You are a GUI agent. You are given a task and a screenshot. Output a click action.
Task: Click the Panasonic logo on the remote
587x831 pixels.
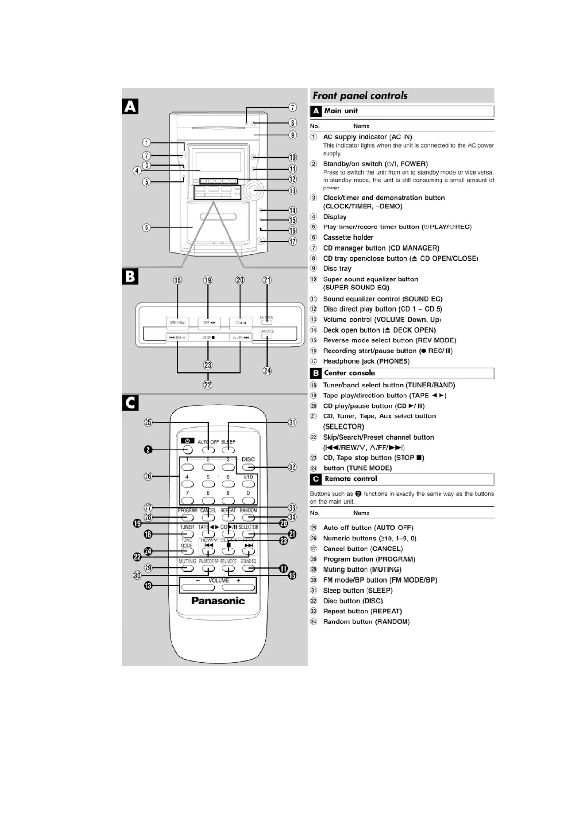pos(218,601)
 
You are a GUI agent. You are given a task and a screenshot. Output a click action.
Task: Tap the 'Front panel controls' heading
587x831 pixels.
pos(360,95)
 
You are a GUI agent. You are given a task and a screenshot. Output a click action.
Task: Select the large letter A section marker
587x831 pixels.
pos(130,106)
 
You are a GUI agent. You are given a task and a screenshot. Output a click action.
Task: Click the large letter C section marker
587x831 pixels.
pos(130,403)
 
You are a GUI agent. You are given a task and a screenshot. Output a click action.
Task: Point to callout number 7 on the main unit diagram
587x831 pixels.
pos(293,107)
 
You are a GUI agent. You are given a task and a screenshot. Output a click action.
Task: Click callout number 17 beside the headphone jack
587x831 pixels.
pos(293,241)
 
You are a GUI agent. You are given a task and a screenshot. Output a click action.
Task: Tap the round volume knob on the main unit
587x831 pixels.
pos(254,190)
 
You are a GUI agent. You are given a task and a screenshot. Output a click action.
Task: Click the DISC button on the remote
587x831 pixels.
pos(248,467)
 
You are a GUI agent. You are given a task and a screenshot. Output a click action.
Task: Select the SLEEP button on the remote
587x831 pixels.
pos(228,450)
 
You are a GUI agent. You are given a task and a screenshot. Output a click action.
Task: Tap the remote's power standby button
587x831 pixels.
pos(187,450)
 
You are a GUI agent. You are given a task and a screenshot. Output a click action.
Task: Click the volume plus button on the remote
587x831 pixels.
pos(238,588)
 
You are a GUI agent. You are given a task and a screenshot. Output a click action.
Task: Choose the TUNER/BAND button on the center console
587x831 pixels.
pos(178,323)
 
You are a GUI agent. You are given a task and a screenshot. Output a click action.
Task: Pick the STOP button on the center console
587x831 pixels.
pos(208,338)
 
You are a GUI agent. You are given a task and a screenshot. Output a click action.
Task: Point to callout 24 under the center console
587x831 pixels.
pos(267,371)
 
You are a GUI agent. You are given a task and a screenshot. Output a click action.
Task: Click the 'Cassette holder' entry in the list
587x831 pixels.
pos(348,237)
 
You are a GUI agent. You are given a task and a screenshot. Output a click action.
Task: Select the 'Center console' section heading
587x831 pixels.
pos(349,373)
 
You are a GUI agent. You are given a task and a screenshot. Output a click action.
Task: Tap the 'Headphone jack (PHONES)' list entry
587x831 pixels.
pos(366,361)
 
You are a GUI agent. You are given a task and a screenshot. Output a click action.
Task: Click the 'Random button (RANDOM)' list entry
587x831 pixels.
pos(366,622)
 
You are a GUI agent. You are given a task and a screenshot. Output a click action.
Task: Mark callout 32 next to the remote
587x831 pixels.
pos(293,467)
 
